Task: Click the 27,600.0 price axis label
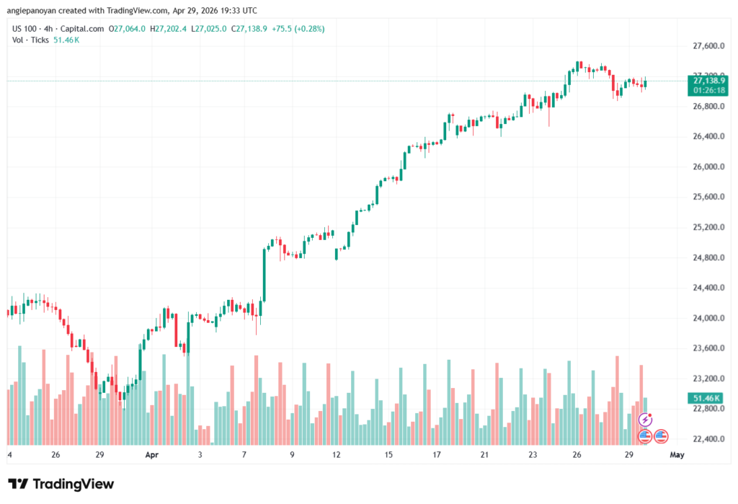pos(703,46)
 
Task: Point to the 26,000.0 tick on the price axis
pos(703,167)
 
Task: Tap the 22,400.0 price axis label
pos(703,439)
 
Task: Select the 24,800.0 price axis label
pos(703,257)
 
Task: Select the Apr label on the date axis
pos(151,456)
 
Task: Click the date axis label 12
pos(336,456)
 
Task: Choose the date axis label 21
pos(485,456)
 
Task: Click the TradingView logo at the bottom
pos(61,484)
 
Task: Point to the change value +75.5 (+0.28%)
pos(298,29)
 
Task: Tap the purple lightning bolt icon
pos(646,419)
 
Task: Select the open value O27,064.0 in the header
pos(127,29)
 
